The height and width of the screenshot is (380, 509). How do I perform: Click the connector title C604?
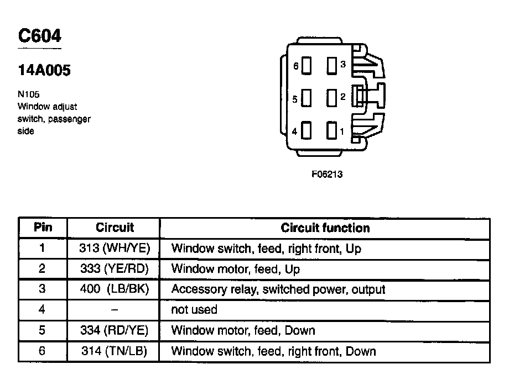coord(40,36)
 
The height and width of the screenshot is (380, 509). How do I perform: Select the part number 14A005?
coord(44,71)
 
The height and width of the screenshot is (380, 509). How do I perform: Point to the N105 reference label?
coord(29,94)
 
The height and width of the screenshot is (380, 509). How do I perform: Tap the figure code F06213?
coord(327,175)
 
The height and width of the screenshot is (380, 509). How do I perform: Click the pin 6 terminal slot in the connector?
coord(307,66)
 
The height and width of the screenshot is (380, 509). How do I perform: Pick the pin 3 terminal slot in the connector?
coord(331,65)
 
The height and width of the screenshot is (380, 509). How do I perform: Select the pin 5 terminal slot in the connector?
coord(307,99)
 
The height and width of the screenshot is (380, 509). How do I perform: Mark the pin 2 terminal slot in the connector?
coord(331,98)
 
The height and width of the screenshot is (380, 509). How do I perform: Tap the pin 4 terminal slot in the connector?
coord(307,131)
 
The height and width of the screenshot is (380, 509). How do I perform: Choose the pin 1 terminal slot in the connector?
coord(331,131)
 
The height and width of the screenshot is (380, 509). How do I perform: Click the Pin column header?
coord(43,228)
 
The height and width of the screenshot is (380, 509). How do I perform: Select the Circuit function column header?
coord(325,228)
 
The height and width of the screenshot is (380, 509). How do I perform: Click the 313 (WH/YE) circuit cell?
coord(115,248)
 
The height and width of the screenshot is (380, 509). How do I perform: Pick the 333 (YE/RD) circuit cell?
coord(115,269)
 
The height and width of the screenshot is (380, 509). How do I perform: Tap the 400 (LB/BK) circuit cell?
coord(115,289)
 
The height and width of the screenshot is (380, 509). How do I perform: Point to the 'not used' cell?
coord(194,310)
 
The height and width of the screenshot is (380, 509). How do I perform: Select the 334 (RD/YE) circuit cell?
coord(115,330)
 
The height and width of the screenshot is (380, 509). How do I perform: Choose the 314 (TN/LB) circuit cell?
coord(115,351)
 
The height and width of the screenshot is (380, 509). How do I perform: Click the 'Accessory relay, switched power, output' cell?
coord(278,289)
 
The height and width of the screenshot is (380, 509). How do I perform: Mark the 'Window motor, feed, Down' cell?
coord(243,330)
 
